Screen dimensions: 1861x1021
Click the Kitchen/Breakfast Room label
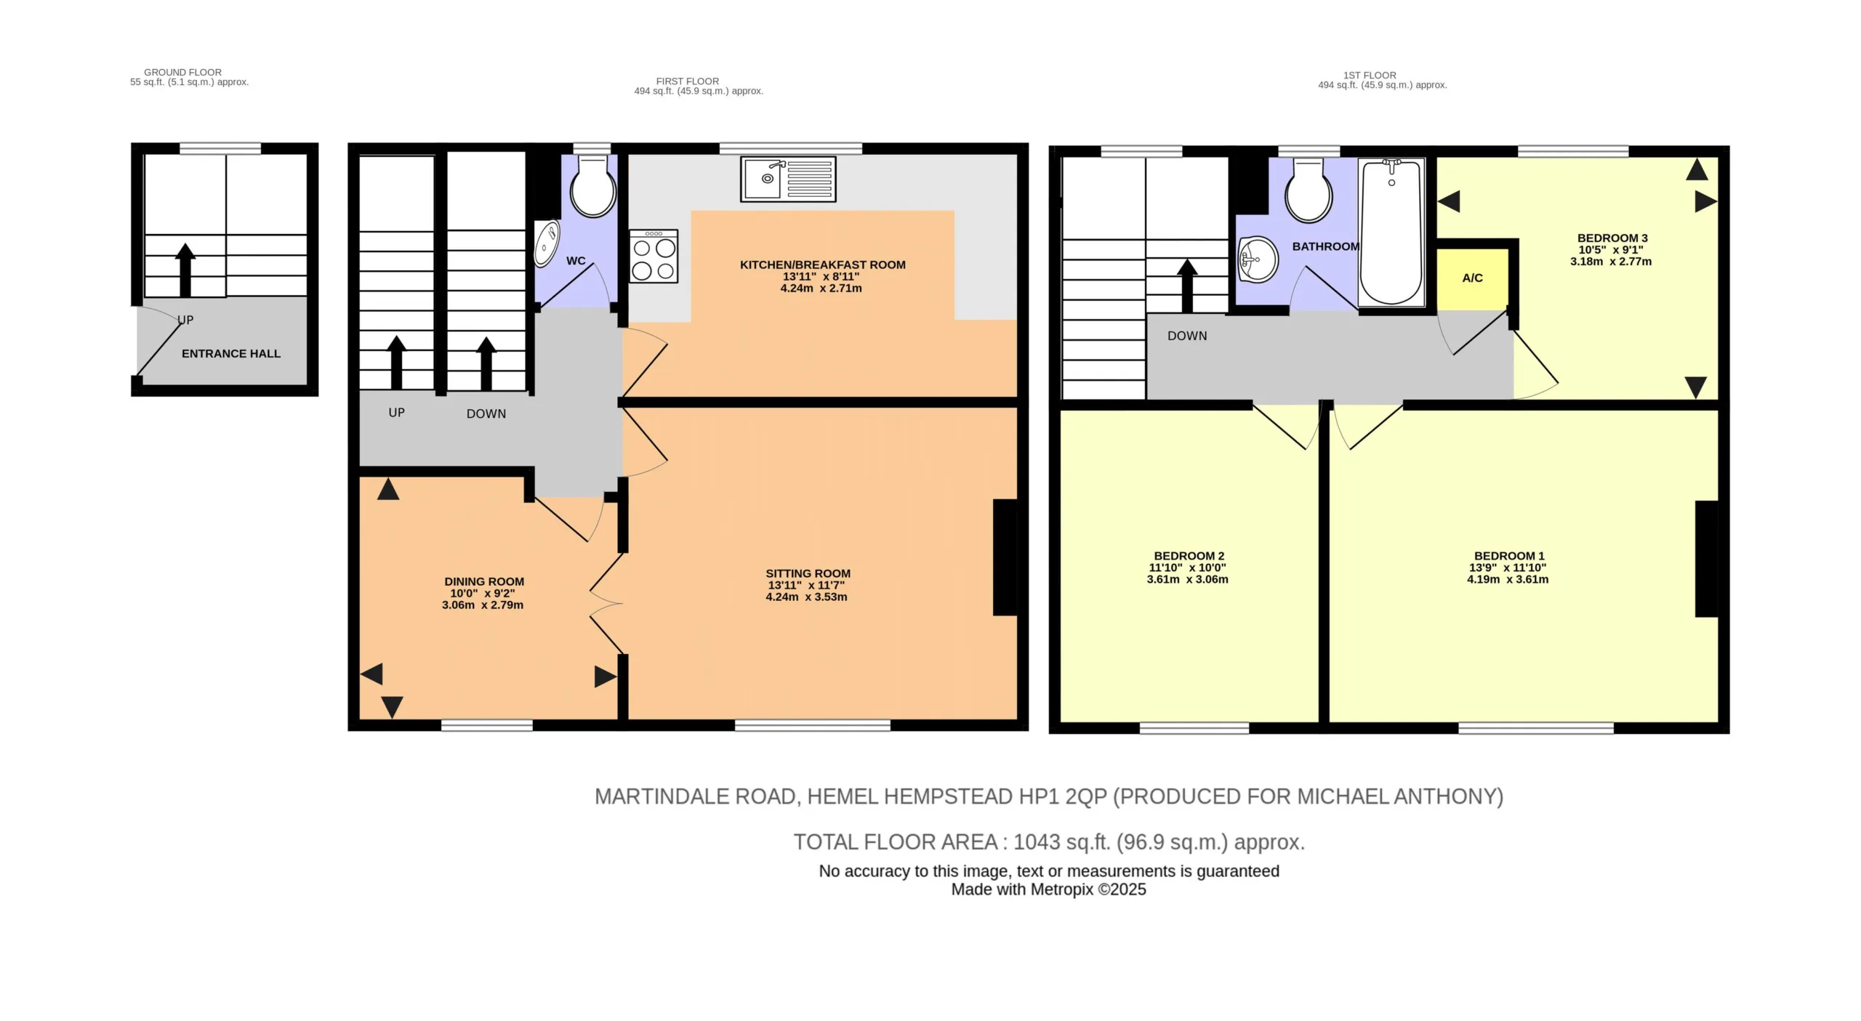(822, 265)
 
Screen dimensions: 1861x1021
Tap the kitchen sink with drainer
(789, 179)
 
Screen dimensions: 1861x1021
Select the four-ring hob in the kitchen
(654, 257)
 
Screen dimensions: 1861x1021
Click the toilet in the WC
(593, 186)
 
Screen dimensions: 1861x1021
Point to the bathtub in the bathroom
(1391, 233)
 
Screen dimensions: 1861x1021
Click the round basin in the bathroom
(1258, 259)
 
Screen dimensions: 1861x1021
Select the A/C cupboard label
(1472, 278)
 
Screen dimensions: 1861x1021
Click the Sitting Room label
(808, 573)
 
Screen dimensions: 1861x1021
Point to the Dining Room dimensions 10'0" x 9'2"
(483, 593)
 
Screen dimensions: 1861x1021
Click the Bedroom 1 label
(1508, 556)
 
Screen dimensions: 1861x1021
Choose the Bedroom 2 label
(1188, 556)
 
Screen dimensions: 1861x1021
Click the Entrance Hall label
(231, 354)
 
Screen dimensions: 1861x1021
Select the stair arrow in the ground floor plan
(185, 270)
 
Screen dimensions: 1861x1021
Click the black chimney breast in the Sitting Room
(1005, 557)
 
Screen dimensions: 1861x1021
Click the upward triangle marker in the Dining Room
(388, 490)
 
